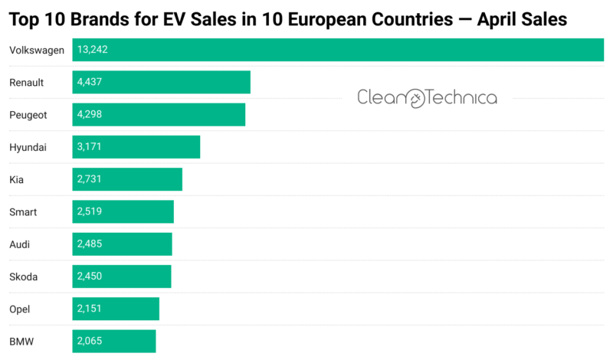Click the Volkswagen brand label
tap(36, 50)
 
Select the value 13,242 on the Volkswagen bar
tap(93, 50)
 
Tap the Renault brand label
tap(26, 82)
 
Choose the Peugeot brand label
tap(28, 115)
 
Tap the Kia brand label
tap(16, 179)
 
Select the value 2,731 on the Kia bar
tap(90, 179)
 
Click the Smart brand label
tap(22, 211)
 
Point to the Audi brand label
tap(20, 244)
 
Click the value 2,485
tap(90, 244)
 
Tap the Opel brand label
tap(20, 309)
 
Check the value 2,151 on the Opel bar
tap(90, 309)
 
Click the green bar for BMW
tap(130, 341)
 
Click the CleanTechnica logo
tap(427, 97)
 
